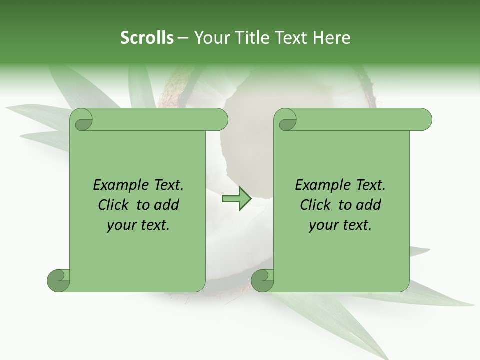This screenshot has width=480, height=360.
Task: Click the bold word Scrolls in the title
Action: pos(147,38)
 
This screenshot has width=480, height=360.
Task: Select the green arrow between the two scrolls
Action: pos(236,199)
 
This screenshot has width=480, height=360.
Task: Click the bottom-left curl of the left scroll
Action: pos(59,280)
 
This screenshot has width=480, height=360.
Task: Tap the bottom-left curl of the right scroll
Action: pos(262,280)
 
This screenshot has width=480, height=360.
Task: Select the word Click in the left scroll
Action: pos(113,205)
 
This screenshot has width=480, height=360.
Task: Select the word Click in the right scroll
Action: pos(315,205)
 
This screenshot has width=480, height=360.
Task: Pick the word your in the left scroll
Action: pos(120,225)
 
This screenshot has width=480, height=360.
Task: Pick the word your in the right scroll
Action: pos(322,225)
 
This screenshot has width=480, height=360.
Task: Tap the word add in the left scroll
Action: pos(167,205)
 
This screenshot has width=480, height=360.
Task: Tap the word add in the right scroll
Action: pos(369,205)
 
